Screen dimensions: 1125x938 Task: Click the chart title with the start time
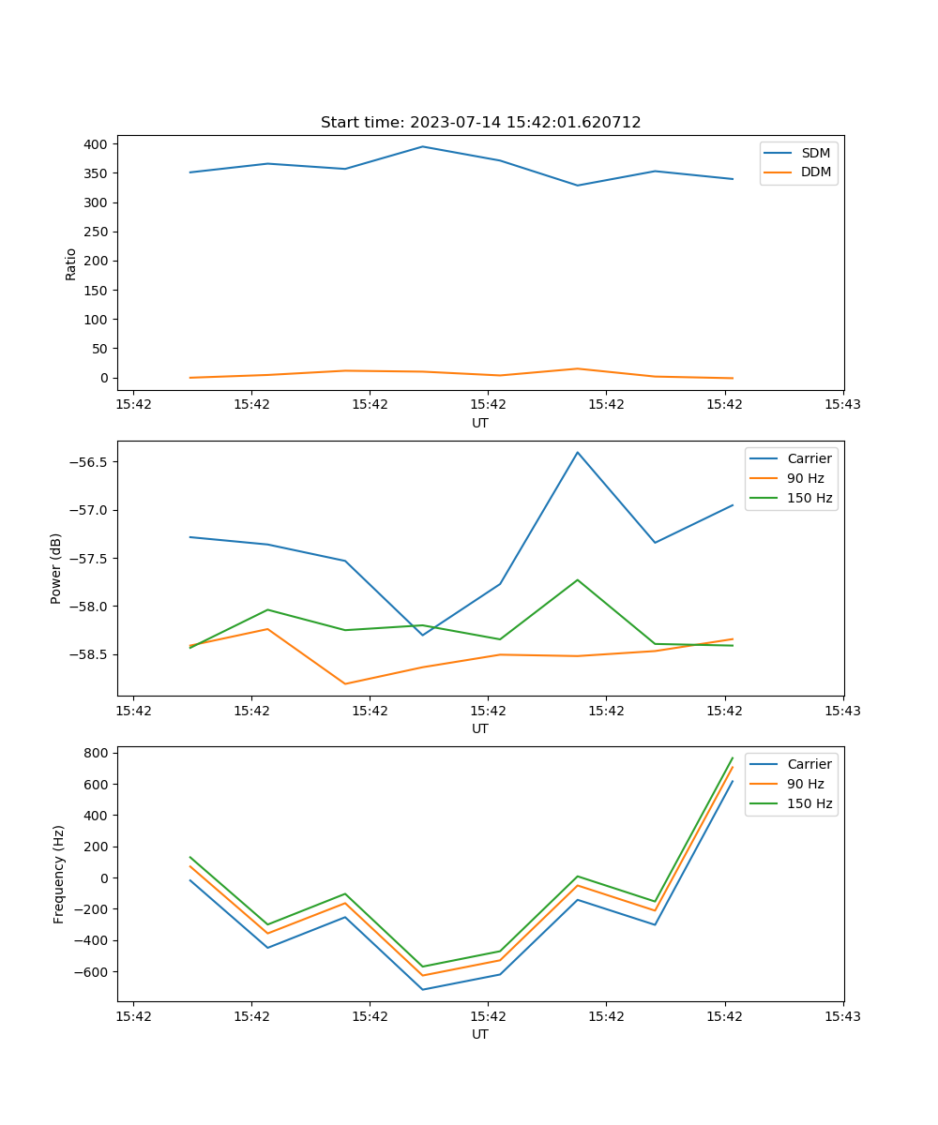tap(480, 123)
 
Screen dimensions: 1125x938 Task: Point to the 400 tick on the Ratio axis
tap(97, 144)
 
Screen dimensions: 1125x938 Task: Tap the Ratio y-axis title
tap(71, 263)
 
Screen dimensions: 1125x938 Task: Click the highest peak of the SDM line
tap(422, 146)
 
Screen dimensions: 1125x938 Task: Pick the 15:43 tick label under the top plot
tap(842, 405)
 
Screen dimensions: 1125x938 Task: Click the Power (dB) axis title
tap(56, 568)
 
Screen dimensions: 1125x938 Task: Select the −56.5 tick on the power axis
tap(87, 462)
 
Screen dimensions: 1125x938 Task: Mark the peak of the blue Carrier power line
tap(578, 452)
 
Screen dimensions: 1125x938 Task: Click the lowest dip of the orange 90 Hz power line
tap(345, 683)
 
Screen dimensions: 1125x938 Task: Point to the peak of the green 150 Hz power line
tap(578, 580)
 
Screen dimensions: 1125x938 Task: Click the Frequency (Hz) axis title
tap(59, 874)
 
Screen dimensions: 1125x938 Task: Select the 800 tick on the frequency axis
tap(97, 753)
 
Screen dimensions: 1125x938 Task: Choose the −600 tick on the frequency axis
tap(91, 972)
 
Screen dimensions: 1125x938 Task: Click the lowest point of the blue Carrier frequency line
tap(422, 989)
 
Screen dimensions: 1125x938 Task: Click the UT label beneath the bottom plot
tap(480, 1034)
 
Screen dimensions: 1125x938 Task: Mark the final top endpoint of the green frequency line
tap(733, 757)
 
